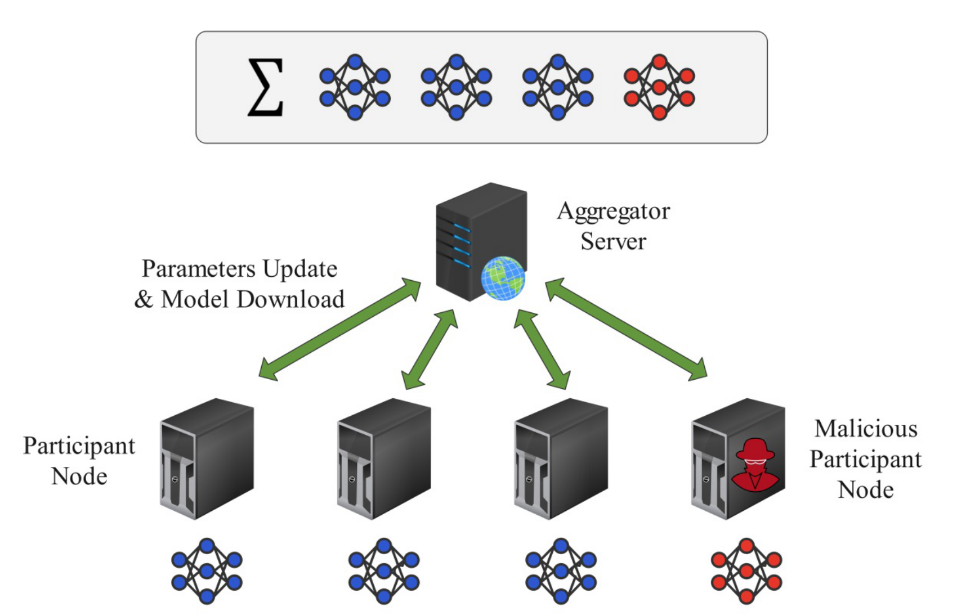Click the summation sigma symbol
tap(265, 88)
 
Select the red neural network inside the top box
tap(659, 87)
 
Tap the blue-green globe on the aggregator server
tap(503, 278)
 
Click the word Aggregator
tap(613, 212)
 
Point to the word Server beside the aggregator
tap(613, 241)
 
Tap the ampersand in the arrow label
tap(144, 299)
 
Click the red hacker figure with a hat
tap(754, 465)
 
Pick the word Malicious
tap(866, 429)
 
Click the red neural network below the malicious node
tap(746, 571)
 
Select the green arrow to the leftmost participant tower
tap(339, 329)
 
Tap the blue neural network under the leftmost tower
tap(207, 571)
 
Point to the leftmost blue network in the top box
tap(355, 87)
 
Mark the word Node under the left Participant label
tap(79, 476)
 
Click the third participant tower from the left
tap(561, 458)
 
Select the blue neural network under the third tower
tap(561, 571)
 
